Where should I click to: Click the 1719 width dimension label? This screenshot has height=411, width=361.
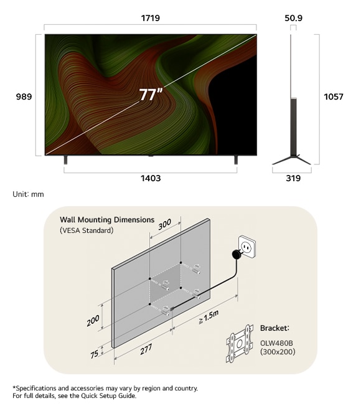[x=151, y=18]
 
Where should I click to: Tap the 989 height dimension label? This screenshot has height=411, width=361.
[x=24, y=97]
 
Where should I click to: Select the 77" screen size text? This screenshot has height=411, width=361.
[x=151, y=95]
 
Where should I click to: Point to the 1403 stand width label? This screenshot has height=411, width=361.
[x=151, y=178]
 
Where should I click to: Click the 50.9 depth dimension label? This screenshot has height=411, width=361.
[x=293, y=18]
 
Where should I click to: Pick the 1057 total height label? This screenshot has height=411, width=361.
[x=334, y=97]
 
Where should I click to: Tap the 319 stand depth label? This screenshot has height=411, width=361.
[x=293, y=178]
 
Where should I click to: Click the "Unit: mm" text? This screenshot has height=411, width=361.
[x=28, y=194]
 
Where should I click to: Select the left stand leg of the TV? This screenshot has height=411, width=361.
[x=65, y=160]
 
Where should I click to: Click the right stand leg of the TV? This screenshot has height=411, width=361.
[x=236, y=160]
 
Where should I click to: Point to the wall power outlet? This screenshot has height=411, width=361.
[x=246, y=247]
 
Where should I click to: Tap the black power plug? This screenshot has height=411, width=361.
[x=237, y=254]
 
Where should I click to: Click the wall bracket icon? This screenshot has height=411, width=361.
[x=240, y=344]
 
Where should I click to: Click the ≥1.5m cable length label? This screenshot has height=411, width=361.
[x=209, y=317]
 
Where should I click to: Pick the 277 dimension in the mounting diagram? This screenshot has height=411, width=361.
[x=146, y=349]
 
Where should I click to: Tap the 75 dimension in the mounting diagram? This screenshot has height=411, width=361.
[x=95, y=354]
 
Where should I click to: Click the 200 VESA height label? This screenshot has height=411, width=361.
[x=93, y=321]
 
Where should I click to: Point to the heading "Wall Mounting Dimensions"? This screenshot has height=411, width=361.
[x=107, y=220]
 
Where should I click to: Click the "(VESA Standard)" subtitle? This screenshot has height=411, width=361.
[x=87, y=230]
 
